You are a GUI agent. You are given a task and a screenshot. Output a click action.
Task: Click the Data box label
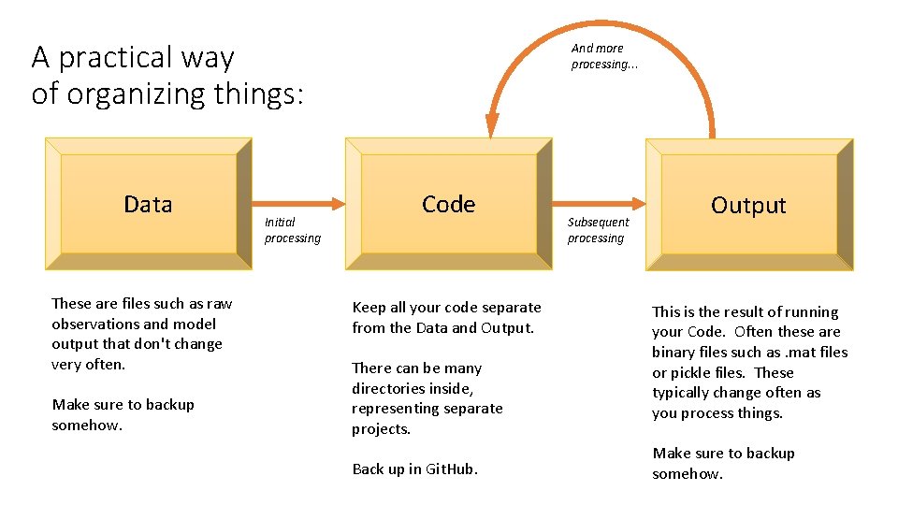tap(148, 205)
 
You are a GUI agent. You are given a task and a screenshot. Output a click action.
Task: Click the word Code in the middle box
tap(448, 205)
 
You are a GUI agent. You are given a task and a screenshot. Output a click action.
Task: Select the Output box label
tap(748, 206)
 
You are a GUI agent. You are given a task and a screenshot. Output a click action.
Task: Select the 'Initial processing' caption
tap(292, 230)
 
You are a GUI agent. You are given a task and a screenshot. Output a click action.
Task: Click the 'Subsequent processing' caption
tap(598, 230)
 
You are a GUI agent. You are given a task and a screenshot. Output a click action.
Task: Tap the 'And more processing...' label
tap(604, 56)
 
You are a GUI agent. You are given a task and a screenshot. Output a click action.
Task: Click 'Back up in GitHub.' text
tap(414, 469)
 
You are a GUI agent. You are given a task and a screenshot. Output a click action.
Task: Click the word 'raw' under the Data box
tap(220, 303)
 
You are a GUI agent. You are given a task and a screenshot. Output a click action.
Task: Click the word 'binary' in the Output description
tap(675, 352)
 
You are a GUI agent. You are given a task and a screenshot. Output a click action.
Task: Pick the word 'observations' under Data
tap(94, 324)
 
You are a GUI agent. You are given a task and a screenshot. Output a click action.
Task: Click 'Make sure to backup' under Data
tap(123, 405)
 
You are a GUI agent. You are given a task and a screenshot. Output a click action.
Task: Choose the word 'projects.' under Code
tap(381, 429)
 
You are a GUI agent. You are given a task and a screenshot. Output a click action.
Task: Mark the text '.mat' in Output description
tap(798, 352)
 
